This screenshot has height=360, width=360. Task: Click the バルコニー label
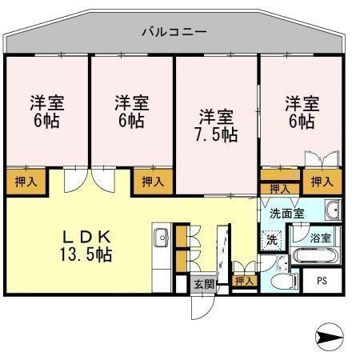pos(174,33)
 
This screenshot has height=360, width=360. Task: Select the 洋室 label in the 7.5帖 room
pos(216,115)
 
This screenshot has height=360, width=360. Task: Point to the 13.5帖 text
pos(85,255)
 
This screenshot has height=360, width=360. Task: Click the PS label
pos(322,280)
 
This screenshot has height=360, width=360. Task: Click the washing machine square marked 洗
pos(271,239)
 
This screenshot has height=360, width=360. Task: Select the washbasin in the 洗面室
pos(335,211)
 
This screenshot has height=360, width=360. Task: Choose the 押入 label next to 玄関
pos(244,280)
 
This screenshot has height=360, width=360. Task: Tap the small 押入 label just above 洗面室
pos(279,189)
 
